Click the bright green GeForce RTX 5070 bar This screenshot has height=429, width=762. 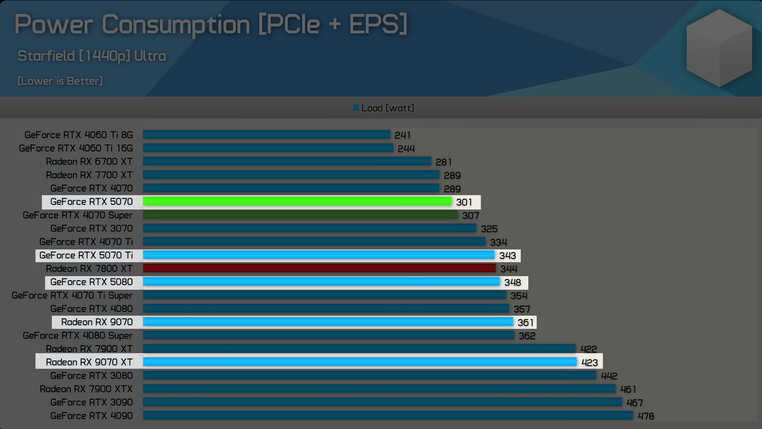point(297,202)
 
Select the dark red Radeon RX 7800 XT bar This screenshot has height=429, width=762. point(319,269)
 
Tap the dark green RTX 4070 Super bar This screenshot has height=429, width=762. point(300,215)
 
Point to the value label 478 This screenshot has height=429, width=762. point(646,416)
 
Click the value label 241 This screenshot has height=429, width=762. point(402,135)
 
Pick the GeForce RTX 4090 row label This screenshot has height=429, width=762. point(91,416)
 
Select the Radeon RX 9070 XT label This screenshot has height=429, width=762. point(89,362)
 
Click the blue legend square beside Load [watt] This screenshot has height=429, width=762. point(356,108)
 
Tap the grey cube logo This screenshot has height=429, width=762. point(719,48)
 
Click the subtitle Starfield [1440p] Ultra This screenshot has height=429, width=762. point(92,56)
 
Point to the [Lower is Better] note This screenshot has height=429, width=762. point(60,81)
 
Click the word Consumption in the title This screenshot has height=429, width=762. point(176,25)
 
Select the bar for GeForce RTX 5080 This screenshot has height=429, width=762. point(321,282)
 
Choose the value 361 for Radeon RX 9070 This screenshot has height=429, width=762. point(525,322)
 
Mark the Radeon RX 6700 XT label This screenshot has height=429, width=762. point(89,162)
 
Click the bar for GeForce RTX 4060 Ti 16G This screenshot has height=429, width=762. point(268,148)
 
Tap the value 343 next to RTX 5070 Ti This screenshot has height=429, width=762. point(507,255)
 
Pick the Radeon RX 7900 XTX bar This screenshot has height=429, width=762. point(379,389)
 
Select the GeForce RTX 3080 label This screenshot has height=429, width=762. point(91,376)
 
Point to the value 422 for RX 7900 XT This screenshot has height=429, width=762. point(589,349)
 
